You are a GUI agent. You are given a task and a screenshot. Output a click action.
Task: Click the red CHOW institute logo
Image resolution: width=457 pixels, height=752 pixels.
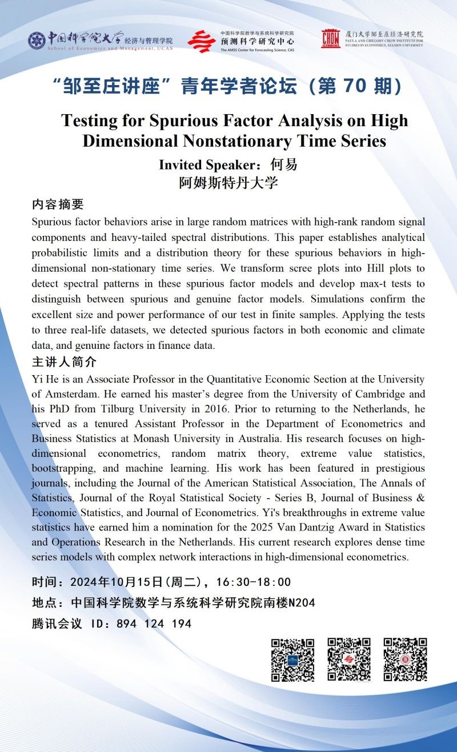click(x=330, y=38)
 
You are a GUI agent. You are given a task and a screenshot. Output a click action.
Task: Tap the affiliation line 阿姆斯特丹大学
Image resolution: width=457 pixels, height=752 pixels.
click(x=228, y=183)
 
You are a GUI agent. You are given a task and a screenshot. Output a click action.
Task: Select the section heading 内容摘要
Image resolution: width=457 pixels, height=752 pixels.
click(x=58, y=205)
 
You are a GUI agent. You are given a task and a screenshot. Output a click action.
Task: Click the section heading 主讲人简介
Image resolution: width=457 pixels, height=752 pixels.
click(x=64, y=363)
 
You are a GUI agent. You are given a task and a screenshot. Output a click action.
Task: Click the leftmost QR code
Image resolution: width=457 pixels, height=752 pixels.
click(x=292, y=659)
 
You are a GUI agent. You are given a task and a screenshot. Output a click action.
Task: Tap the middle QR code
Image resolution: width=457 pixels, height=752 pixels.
click(x=348, y=659)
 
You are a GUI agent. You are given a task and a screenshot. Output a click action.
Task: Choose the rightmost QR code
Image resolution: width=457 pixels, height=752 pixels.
click(x=405, y=659)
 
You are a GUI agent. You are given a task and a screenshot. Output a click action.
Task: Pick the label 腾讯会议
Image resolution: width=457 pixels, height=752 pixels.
click(x=57, y=624)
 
